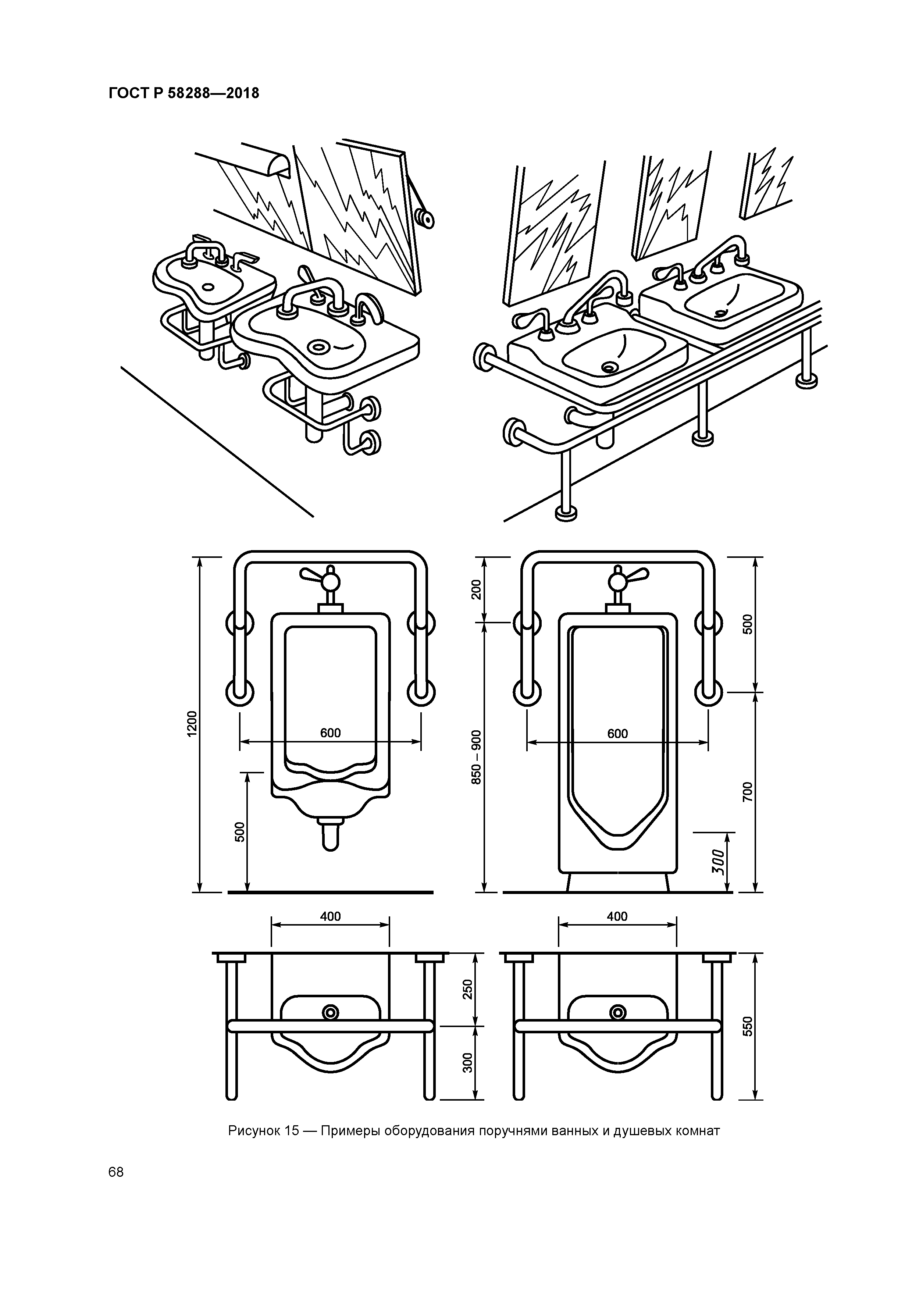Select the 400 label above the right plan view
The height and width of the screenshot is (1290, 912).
[617, 916]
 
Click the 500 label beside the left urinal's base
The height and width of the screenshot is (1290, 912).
[240, 831]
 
